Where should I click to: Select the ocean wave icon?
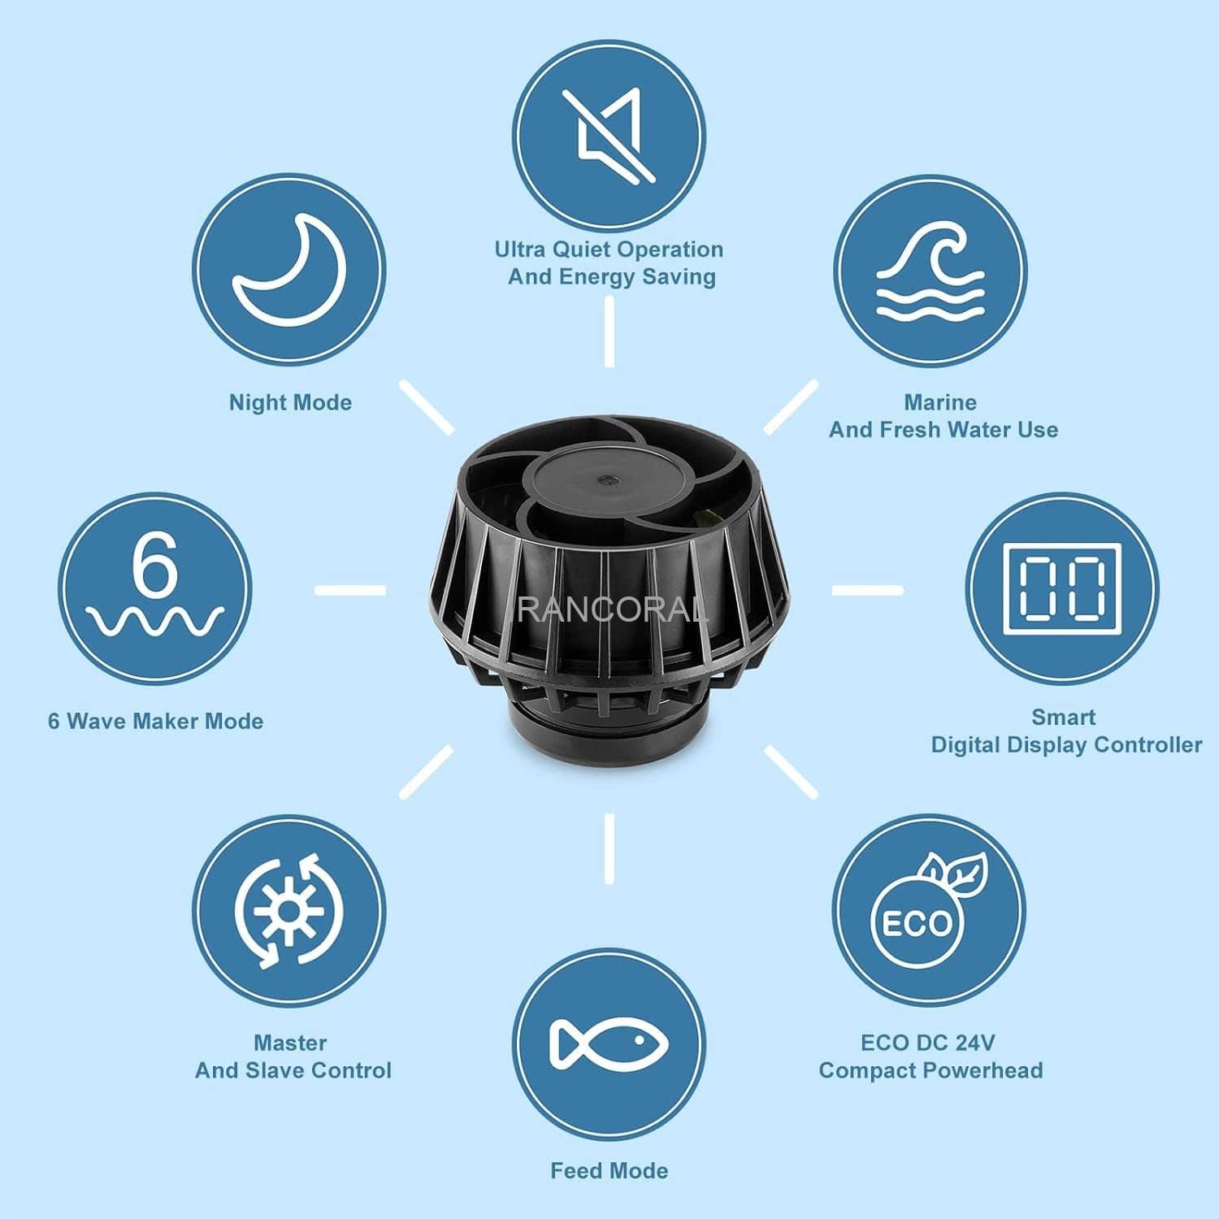pyautogui.click(x=930, y=271)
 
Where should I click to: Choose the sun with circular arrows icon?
pyautogui.click(x=289, y=910)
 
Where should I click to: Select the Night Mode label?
pyautogui.click(x=290, y=402)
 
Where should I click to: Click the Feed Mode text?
pyautogui.click(x=609, y=1171)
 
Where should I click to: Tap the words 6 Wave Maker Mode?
pyautogui.click(x=155, y=721)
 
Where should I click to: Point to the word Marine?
pyautogui.click(x=940, y=401)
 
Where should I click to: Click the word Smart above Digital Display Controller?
pyautogui.click(x=1063, y=717)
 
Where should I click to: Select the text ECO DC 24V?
pyautogui.click(x=927, y=1042)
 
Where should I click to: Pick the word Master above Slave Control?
pyautogui.click(x=290, y=1042)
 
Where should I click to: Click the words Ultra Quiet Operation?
pyautogui.click(x=609, y=249)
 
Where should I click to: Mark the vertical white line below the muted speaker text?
pyautogui.click(x=609, y=331)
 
